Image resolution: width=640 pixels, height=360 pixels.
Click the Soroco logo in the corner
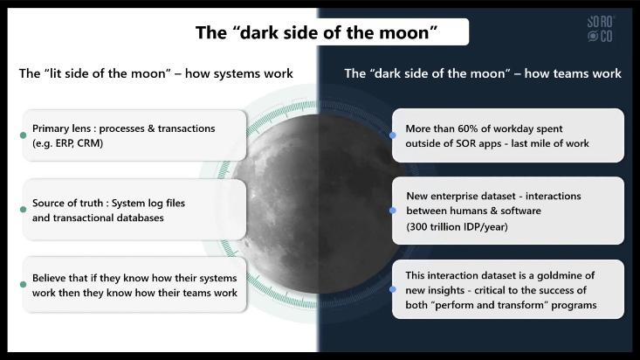pos(601,29)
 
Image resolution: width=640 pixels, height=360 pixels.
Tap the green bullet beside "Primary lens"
pos(24,135)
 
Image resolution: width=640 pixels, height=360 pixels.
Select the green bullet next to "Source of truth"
pos(24,210)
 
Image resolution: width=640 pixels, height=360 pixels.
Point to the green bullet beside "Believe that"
pos(24,284)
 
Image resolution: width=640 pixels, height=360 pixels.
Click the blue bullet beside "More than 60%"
pos(393,135)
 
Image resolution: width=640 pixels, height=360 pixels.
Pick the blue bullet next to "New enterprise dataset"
pos(393,211)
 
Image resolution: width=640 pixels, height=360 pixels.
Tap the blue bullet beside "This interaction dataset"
pos(393,289)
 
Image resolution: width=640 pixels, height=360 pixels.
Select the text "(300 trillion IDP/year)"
pos(457,227)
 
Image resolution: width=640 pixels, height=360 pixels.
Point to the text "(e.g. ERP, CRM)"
pos(68,143)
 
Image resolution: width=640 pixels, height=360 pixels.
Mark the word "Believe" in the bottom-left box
pos(49,278)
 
